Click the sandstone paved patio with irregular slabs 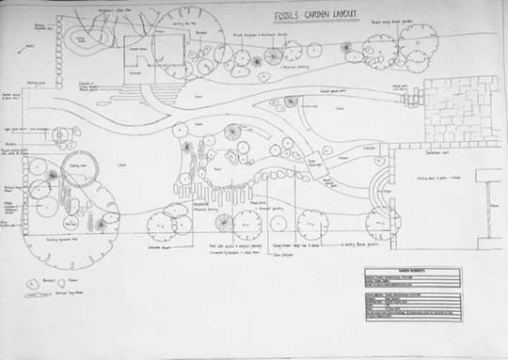tap(460, 108)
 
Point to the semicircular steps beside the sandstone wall tap(381, 187)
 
